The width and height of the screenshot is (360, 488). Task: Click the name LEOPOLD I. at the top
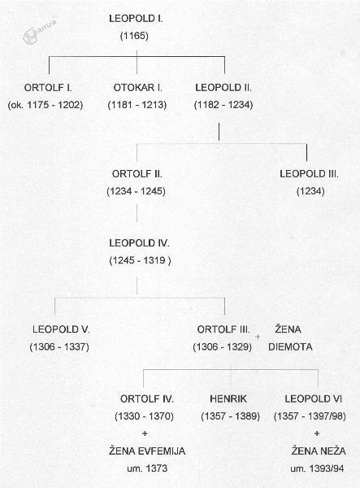pos(136,19)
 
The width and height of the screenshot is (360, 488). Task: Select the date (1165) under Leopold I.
pos(134,36)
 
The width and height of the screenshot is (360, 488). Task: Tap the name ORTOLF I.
pos(48,88)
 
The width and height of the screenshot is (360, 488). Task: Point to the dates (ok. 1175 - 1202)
pos(46,105)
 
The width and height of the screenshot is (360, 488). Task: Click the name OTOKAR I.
pos(137,88)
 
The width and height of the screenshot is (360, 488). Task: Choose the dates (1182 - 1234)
pos(223,105)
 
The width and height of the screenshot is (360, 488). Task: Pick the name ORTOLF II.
pos(137,174)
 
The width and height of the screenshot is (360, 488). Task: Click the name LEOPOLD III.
pos(309,174)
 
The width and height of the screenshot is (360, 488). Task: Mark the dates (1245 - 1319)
pos(141,260)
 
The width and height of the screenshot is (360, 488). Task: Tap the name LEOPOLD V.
pos(61,329)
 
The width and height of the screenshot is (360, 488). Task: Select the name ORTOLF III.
pos(223,329)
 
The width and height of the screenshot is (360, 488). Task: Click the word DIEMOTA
pos(290,346)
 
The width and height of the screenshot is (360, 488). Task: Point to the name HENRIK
pos(228,399)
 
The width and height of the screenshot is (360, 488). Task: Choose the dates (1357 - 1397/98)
pos(310,416)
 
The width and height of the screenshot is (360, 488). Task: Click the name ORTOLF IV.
pos(147,399)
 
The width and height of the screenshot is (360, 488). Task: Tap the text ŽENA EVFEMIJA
pos(147,451)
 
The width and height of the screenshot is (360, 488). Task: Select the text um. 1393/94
pos(317,468)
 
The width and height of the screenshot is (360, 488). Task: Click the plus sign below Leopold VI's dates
pos(317,434)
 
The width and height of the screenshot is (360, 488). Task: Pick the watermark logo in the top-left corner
pos(39,32)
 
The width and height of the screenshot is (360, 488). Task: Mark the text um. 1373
pos(147,468)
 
